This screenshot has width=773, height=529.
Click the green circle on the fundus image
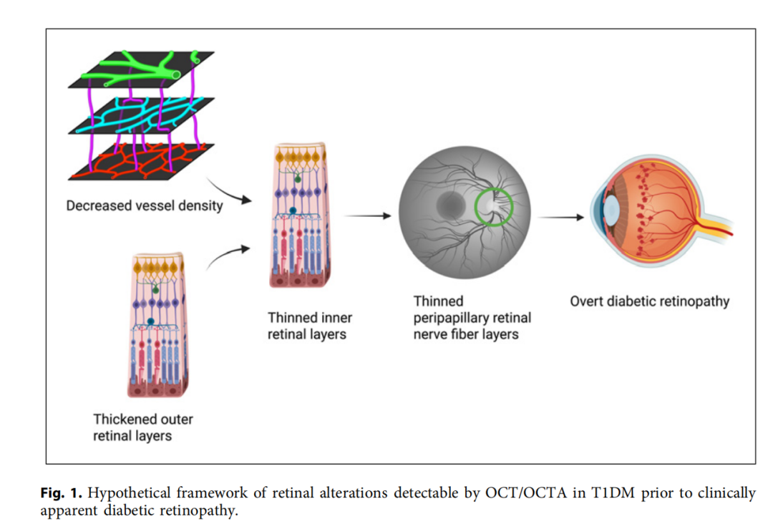click(x=475, y=207)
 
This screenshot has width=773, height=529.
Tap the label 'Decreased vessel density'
click(x=145, y=205)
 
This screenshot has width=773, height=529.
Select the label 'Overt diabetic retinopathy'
click(x=650, y=301)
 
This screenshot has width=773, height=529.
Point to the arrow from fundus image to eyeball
click(x=560, y=217)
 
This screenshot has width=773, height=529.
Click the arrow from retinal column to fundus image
click(x=367, y=215)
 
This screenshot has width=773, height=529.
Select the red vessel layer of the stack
click(x=142, y=162)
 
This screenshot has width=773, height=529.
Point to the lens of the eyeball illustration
click(x=611, y=210)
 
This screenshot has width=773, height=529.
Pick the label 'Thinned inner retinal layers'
click(x=310, y=326)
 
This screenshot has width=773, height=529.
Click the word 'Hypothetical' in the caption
click(x=129, y=493)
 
